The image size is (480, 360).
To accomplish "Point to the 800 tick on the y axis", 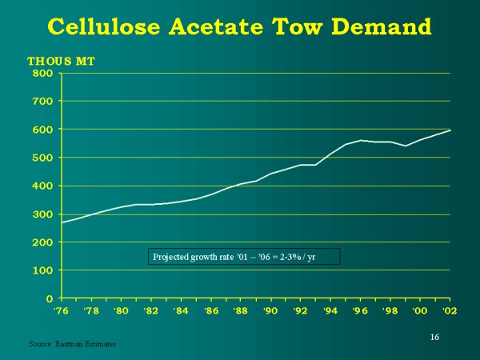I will [43, 74].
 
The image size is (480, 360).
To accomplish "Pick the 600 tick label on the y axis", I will [43, 130].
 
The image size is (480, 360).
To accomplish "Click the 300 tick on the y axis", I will [43, 214].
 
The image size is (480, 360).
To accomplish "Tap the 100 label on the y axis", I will [43, 270].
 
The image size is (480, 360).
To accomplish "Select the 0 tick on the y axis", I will [50, 298].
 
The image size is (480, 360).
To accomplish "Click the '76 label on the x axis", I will [61, 310].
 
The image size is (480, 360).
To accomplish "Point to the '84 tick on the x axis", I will [181, 310].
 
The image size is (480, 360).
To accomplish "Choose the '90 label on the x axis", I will [270, 310].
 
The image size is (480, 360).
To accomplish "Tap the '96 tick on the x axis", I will [360, 310].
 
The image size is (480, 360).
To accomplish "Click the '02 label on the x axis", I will [450, 310].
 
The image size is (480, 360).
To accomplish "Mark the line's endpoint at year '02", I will [450, 130].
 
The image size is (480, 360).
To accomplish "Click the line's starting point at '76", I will [62, 222].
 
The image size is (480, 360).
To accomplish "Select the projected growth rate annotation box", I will [244, 257].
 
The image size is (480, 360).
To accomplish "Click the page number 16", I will [434, 337].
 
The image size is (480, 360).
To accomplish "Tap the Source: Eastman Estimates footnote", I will [73, 344].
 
